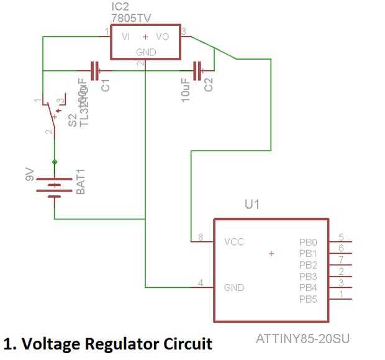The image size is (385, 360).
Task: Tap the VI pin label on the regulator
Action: point(126,37)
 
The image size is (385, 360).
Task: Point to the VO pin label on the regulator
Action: point(163,37)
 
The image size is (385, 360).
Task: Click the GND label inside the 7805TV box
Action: point(145,52)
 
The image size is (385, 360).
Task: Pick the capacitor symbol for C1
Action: point(95,71)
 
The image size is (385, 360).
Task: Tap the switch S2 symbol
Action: point(51,115)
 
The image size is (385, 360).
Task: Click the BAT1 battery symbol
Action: point(55,187)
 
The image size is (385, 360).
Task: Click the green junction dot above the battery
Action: point(55,162)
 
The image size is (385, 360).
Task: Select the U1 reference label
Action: point(252,204)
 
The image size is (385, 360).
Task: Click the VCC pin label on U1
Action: point(234,241)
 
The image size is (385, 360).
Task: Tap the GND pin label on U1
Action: point(234,287)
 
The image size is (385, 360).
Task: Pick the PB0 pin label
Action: point(308,242)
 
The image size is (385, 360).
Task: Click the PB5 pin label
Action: point(308,300)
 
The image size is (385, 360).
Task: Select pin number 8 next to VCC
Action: point(201,237)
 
